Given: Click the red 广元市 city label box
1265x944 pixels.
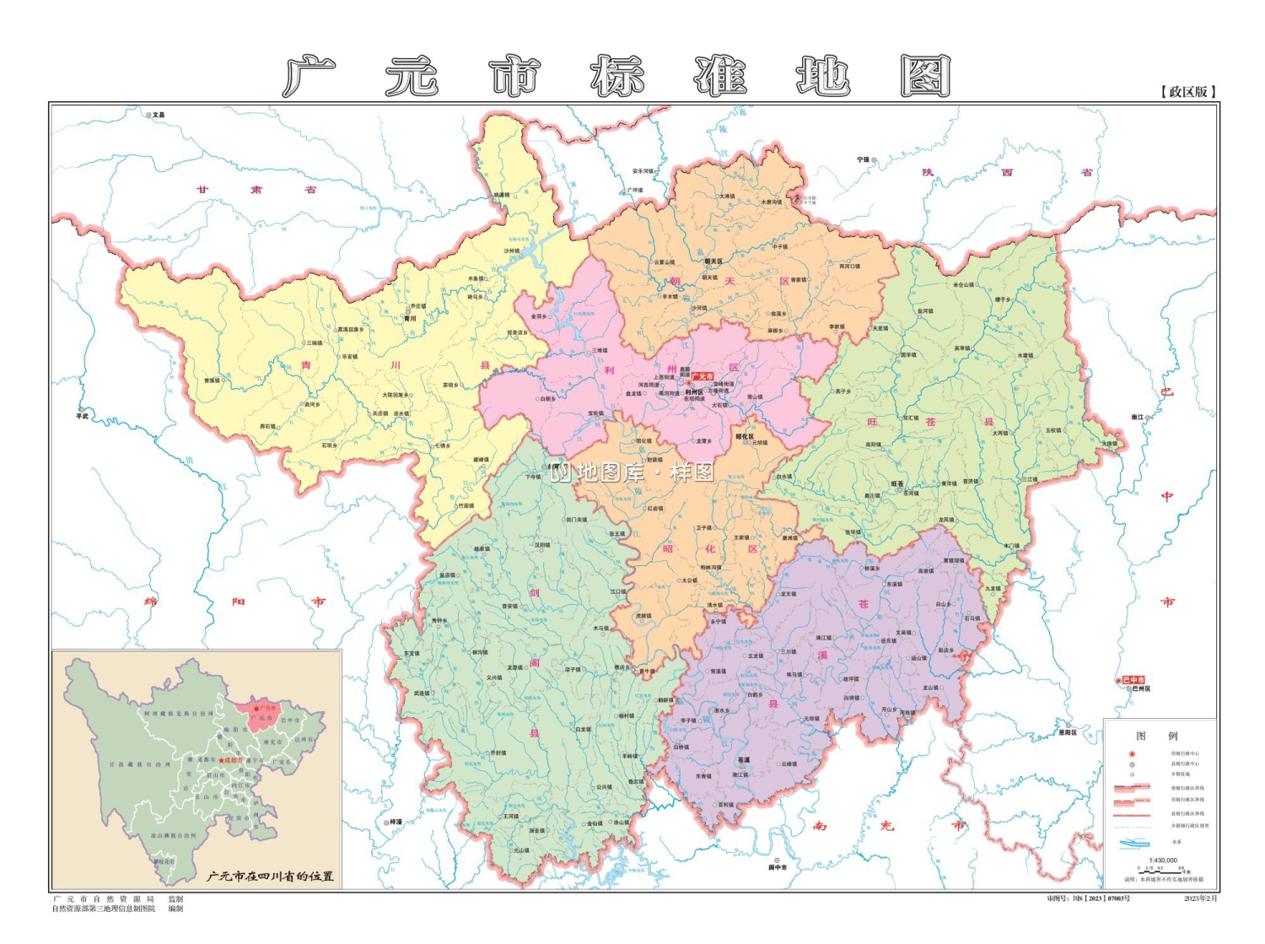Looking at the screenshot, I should pyautogui.click(x=702, y=376).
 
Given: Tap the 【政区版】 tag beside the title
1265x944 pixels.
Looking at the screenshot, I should pyautogui.click(x=1189, y=91).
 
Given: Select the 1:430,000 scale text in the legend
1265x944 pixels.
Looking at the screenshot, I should pyautogui.click(x=1162, y=860).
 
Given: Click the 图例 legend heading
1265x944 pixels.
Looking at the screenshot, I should pyautogui.click(x=1156, y=736).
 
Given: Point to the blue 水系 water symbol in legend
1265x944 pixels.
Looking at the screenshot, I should pyautogui.click(x=1135, y=842).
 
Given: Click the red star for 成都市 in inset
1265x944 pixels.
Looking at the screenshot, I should pyautogui.click(x=222, y=761).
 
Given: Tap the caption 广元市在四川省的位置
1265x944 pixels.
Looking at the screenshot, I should pyautogui.click(x=271, y=877).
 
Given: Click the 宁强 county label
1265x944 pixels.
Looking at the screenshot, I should pyautogui.click(x=863, y=159).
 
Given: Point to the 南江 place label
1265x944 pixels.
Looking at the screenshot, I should pyautogui.click(x=1138, y=417).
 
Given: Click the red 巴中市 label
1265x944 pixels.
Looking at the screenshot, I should pyautogui.click(x=1133, y=680).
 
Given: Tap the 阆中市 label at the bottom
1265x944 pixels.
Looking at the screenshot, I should pyautogui.click(x=778, y=867).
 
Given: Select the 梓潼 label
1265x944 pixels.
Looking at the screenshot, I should pyautogui.click(x=396, y=822).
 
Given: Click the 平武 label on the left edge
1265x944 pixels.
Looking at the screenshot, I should pyautogui.click(x=82, y=416).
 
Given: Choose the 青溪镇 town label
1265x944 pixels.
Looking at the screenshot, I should pyautogui.click(x=211, y=380).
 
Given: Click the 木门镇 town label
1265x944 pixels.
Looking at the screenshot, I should pyautogui.click(x=1011, y=546).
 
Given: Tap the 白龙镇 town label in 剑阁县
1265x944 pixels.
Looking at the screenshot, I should pyautogui.click(x=583, y=730).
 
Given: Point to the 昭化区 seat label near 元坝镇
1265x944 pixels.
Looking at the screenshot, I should pyautogui.click(x=745, y=437).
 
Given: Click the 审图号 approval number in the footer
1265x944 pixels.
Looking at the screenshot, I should pyautogui.click(x=1088, y=899).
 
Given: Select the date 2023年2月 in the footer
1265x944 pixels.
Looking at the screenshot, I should pyautogui.click(x=1201, y=899).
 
